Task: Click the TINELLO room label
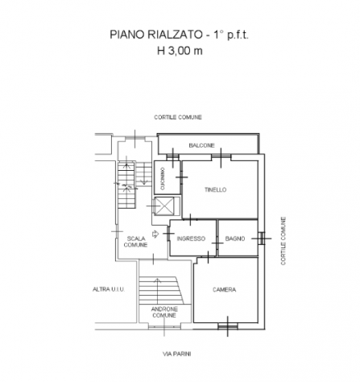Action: pyautogui.click(x=215, y=189)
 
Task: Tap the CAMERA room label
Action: pyautogui.click(x=225, y=289)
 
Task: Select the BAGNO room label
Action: pyautogui.click(x=235, y=239)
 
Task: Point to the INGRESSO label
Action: pyautogui.click(x=191, y=239)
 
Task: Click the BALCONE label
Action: pyautogui.click(x=201, y=145)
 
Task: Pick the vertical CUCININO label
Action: pyautogui.click(x=163, y=179)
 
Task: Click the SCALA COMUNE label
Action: pyautogui.click(x=136, y=242)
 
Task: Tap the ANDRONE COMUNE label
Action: pyautogui.click(x=164, y=312)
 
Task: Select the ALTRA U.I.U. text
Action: pyautogui.click(x=109, y=289)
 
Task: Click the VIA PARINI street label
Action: pyautogui.click(x=177, y=354)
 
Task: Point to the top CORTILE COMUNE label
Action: pyautogui.click(x=178, y=117)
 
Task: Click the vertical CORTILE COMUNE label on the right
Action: pyautogui.click(x=283, y=241)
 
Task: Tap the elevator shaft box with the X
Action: pyautogui.click(x=164, y=206)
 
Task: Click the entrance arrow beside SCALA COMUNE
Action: pyautogui.click(x=155, y=234)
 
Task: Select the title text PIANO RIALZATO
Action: pyautogui.click(x=156, y=35)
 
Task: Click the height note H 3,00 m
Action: pyautogui.click(x=180, y=51)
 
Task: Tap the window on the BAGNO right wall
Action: pyautogui.click(x=262, y=239)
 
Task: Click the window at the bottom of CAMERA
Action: pyautogui.click(x=228, y=326)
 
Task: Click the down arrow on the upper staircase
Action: pyautogui.click(x=144, y=174)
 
